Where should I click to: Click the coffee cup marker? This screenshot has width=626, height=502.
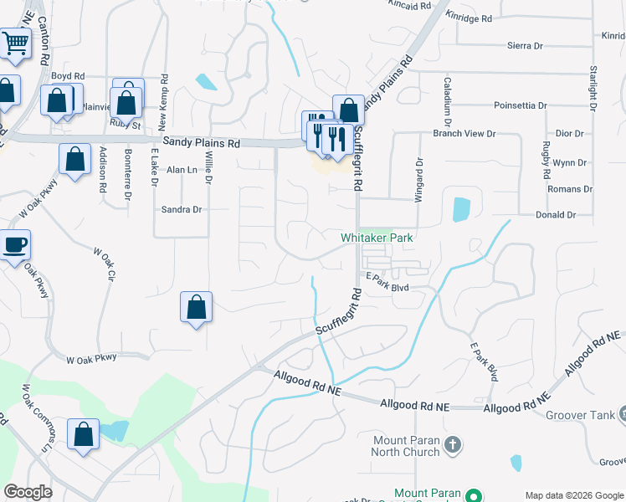14,244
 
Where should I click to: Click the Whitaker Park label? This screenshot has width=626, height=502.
377,238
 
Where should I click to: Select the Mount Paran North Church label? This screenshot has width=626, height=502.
405,446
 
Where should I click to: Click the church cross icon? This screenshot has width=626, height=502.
452,444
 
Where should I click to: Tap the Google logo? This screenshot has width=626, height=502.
28,492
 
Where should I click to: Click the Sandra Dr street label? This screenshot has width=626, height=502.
182,210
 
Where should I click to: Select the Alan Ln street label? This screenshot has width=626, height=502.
181,169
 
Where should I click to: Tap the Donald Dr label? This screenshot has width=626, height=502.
557,215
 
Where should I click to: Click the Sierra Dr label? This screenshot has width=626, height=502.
526,45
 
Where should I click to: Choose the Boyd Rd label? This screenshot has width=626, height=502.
68,75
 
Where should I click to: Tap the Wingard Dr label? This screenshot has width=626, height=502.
419,179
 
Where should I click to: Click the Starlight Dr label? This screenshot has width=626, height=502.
593,87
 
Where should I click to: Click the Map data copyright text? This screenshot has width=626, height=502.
573,494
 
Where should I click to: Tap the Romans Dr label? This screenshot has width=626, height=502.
570,189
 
